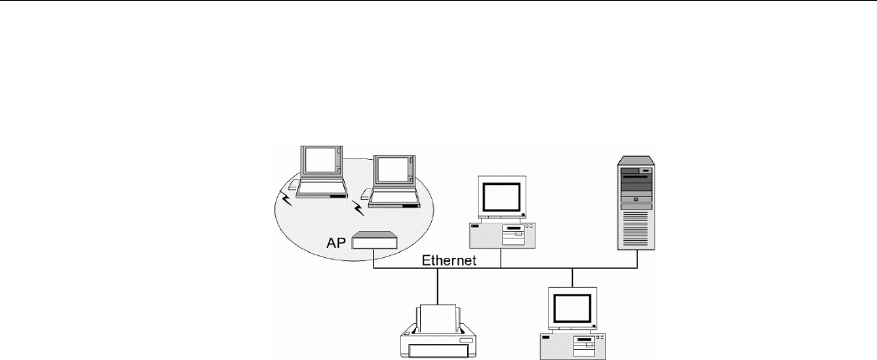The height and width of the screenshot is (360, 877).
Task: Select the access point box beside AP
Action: pyautogui.click(x=374, y=241)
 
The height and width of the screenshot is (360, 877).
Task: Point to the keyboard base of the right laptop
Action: pyautogui.click(x=393, y=200)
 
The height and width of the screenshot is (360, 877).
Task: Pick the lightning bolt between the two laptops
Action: pyautogui.click(x=361, y=203)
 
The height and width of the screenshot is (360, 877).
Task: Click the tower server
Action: pyautogui.click(x=637, y=201)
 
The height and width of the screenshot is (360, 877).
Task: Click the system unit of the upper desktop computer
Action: pyautogui.click(x=503, y=234)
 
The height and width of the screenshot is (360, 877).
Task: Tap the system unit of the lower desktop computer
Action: pyautogui.click(x=573, y=342)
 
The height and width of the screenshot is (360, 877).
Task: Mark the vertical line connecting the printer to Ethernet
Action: pyautogui.click(x=438, y=286)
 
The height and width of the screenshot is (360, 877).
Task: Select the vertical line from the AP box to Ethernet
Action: pyautogui.click(x=373, y=259)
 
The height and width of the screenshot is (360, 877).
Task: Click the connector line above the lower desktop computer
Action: pyautogui.click(x=572, y=277)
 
